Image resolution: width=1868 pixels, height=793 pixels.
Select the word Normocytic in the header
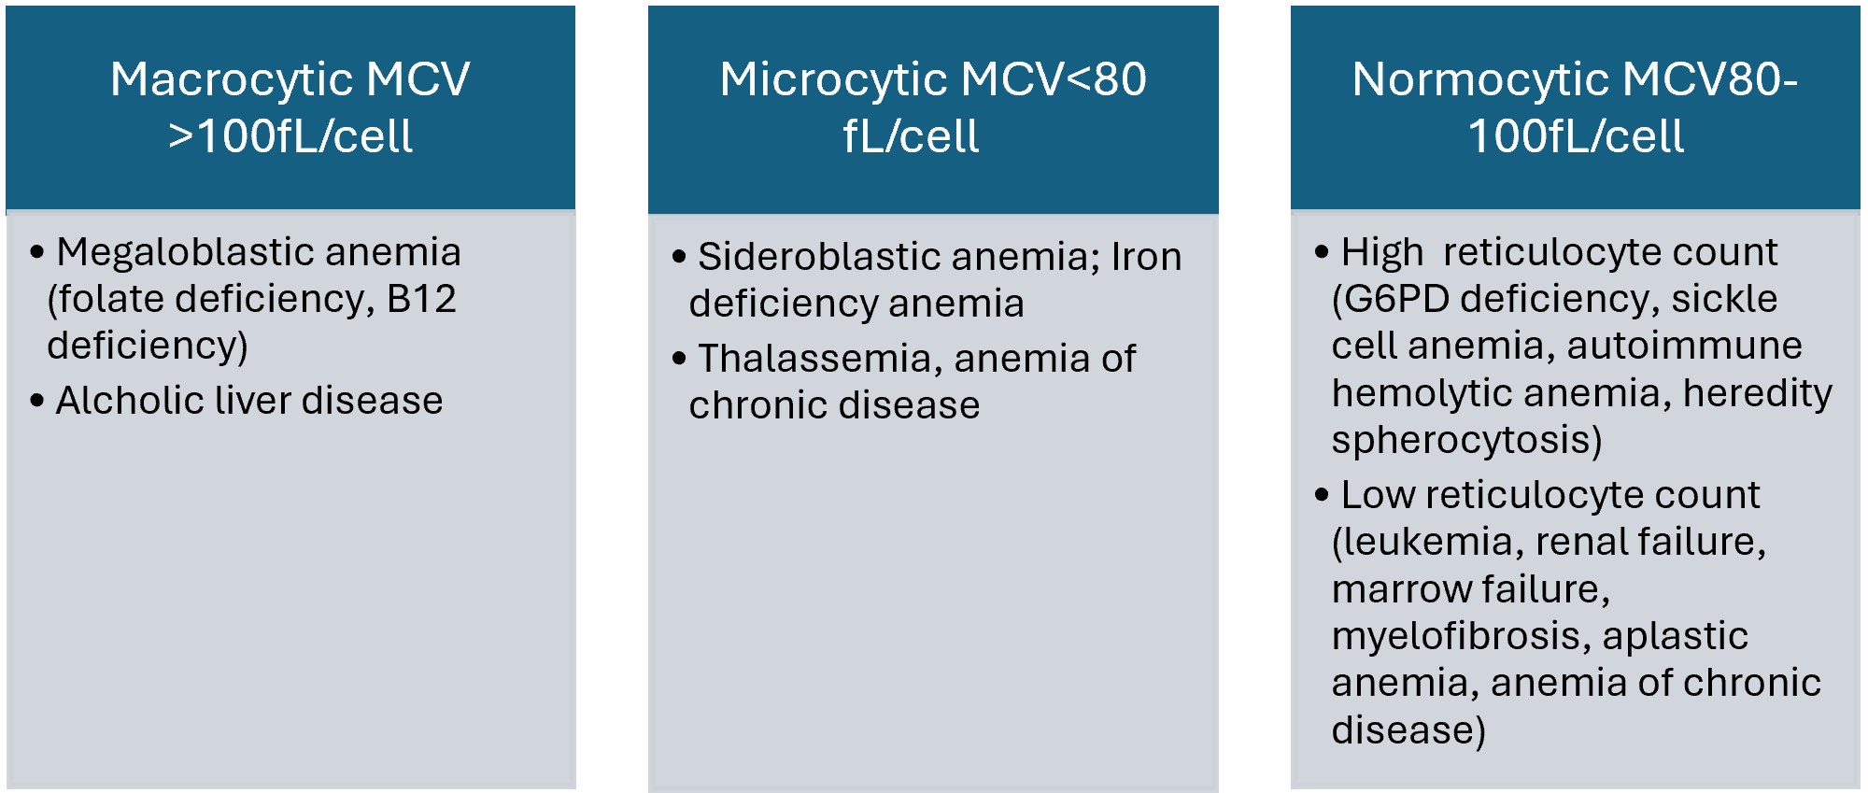[1479, 80]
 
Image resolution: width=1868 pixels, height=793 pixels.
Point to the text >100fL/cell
[290, 136]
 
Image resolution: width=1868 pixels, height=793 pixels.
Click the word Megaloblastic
[184, 253]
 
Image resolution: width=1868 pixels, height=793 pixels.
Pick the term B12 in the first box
[421, 299]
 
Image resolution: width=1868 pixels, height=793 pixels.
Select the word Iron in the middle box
[1146, 257]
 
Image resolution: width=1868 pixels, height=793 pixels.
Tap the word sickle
[1724, 299]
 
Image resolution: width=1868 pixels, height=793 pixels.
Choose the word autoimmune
[1684, 346]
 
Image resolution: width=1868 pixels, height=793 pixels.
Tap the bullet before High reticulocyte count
[1321, 252]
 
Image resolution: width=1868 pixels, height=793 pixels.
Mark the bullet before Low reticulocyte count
[1321, 495]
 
